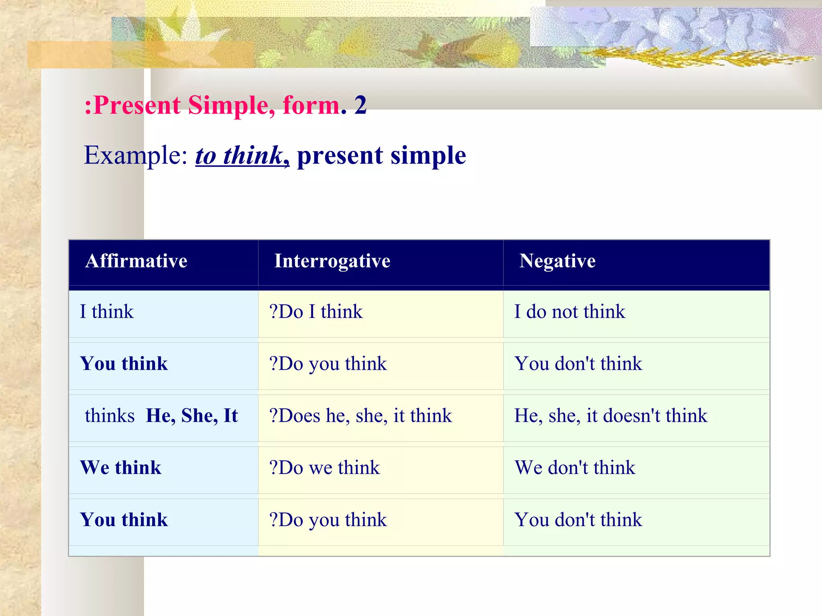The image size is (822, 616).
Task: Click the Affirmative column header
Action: (x=136, y=261)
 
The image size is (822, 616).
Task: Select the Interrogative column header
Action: (x=332, y=261)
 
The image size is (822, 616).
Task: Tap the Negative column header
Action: (x=557, y=261)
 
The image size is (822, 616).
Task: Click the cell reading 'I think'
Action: (x=107, y=312)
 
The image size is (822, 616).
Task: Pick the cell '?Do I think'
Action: (x=316, y=312)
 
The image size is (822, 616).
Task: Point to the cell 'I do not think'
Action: (x=570, y=312)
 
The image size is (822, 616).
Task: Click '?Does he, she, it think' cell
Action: (x=360, y=415)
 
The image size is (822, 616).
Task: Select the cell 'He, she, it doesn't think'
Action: (x=610, y=415)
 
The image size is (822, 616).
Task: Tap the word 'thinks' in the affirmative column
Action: (x=110, y=415)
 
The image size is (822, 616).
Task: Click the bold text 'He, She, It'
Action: (x=192, y=415)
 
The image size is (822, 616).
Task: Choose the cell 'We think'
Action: (x=120, y=468)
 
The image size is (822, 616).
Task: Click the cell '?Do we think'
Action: (x=324, y=468)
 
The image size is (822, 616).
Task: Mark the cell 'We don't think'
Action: (x=575, y=468)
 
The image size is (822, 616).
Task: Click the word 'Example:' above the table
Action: (x=136, y=155)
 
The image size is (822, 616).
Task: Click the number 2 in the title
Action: (x=360, y=105)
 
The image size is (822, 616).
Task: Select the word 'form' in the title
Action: (x=311, y=105)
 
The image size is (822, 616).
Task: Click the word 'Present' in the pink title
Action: (x=136, y=105)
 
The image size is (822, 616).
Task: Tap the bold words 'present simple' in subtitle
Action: (x=381, y=155)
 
